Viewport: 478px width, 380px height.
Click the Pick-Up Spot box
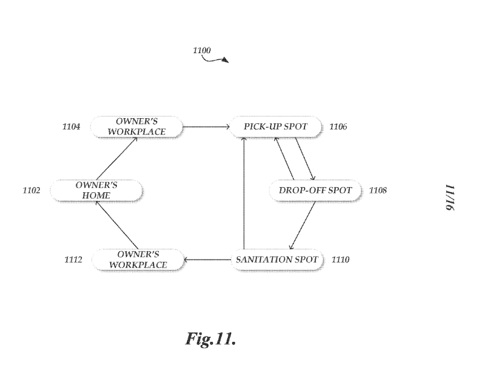tap(276, 127)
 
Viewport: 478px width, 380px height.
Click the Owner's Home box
tap(95, 190)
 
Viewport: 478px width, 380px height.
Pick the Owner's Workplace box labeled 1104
tap(137, 127)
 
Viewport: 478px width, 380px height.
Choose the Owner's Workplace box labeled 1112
tap(137, 260)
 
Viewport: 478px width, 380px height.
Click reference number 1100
tap(202, 51)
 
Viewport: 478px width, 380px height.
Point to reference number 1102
tap(32, 191)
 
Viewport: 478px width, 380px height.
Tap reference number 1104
tap(71, 127)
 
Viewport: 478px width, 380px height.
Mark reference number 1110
tap(341, 261)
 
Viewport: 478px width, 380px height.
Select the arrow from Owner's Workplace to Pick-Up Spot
tap(206, 127)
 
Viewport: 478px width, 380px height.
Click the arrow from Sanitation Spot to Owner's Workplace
tap(207, 260)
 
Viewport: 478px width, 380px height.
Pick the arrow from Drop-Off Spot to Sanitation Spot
tap(302, 225)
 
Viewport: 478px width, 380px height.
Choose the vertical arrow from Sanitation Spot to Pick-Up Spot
tap(244, 192)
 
